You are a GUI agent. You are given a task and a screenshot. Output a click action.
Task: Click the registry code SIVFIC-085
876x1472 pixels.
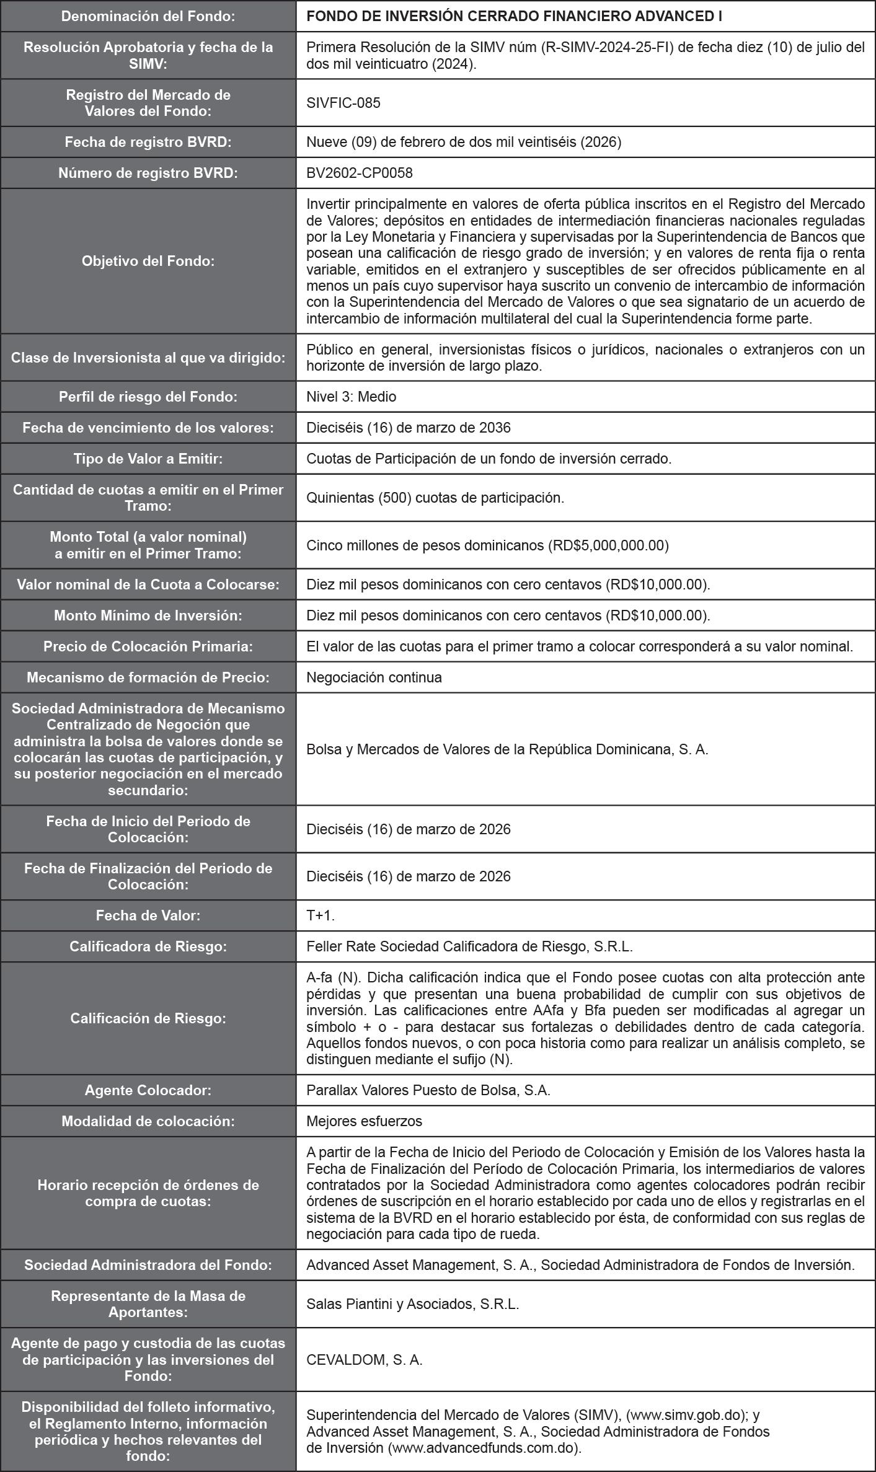[343, 103]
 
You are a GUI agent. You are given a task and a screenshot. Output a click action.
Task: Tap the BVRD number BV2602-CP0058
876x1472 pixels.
[360, 173]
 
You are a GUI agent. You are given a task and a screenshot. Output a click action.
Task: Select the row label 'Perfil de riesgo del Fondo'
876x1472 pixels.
[148, 397]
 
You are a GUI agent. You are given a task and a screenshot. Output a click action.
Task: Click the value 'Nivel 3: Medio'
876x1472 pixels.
[351, 397]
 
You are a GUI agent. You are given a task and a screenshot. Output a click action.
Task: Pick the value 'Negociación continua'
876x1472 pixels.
[374, 677]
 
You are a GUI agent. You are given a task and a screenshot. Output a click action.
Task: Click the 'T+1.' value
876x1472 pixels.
[321, 915]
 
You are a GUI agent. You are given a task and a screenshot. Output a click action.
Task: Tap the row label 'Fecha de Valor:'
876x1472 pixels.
[148, 915]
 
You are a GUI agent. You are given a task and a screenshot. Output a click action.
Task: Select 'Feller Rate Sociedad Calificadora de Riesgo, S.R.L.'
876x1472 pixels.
[469, 946]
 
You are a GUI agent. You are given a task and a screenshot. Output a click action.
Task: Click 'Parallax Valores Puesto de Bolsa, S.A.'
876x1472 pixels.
[428, 1090]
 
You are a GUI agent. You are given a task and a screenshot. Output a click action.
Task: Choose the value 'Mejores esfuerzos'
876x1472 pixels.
[364, 1121]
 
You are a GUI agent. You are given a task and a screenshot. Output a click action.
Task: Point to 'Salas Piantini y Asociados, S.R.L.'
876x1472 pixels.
[412, 1304]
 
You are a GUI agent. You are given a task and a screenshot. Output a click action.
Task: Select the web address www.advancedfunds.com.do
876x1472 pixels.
[484, 1448]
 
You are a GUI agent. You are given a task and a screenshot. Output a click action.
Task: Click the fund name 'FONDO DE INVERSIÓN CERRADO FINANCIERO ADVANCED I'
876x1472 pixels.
[514, 16]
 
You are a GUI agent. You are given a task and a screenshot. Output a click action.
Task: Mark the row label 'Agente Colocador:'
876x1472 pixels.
[148, 1090]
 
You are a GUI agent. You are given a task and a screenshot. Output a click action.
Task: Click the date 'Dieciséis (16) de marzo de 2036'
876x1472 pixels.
[408, 428]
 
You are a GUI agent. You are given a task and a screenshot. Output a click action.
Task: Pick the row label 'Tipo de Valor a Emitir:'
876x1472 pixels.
[148, 459]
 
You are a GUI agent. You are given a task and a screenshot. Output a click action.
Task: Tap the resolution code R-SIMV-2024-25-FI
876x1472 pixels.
[609, 48]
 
